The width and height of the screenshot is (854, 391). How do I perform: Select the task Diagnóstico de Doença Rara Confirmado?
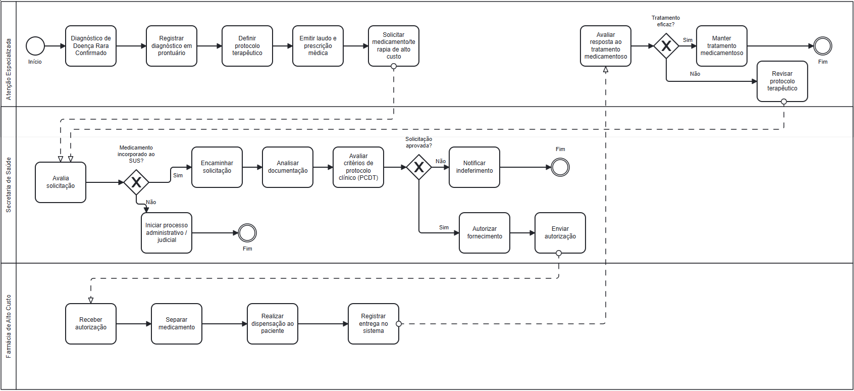pos(91,46)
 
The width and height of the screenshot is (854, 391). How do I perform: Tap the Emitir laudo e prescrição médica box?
pos(318,46)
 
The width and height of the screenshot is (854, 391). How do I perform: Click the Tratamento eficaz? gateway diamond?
pos(666,46)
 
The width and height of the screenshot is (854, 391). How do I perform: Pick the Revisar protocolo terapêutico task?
pos(782,81)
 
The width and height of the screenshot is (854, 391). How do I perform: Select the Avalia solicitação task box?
pos(61,182)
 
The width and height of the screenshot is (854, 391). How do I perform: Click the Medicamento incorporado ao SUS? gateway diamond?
pos(136,182)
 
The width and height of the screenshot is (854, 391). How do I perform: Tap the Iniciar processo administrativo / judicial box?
pos(167,233)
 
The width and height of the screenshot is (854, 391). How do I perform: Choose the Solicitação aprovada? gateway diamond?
pos(419,167)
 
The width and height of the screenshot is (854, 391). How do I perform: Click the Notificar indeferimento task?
pos(474,167)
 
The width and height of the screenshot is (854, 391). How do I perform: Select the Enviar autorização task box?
pos(560,233)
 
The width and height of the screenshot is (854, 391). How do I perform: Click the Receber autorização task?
pos(91,324)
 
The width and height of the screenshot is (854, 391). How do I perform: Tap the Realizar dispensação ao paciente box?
pos(273,324)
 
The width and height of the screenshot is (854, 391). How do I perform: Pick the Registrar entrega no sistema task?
pos(373,324)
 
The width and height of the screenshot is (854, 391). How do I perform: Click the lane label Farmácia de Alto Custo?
pos(9,326)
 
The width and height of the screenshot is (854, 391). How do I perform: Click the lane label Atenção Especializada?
pos(9,69)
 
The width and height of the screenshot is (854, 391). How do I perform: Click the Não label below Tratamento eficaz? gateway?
pos(695,74)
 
